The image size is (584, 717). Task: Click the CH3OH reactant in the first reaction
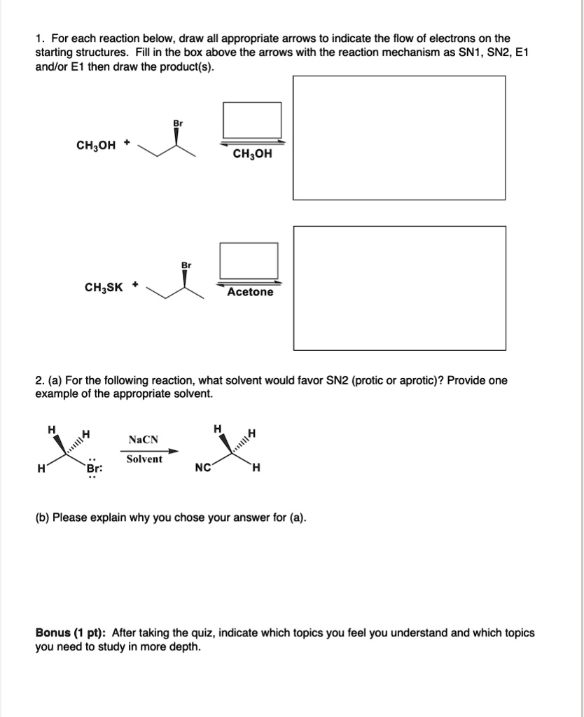coord(97,146)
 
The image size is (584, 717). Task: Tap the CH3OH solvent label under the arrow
coord(252,153)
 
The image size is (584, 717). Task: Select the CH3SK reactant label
coord(104,287)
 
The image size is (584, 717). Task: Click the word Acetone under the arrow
coord(250,292)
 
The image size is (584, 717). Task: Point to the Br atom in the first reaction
coord(177,123)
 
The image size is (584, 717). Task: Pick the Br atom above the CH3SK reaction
coord(186,265)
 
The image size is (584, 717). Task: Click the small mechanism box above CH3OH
coord(252,120)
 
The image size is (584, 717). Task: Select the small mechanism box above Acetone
coord(249,260)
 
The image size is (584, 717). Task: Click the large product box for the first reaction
coord(398,138)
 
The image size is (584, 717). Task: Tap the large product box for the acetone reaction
coord(398,288)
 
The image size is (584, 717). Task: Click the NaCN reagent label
coord(144,440)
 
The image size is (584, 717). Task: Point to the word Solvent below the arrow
coord(144,459)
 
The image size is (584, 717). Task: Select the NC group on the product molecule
coord(203,468)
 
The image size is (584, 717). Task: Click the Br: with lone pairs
coord(94,469)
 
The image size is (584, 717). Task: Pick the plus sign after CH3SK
coord(135,285)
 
